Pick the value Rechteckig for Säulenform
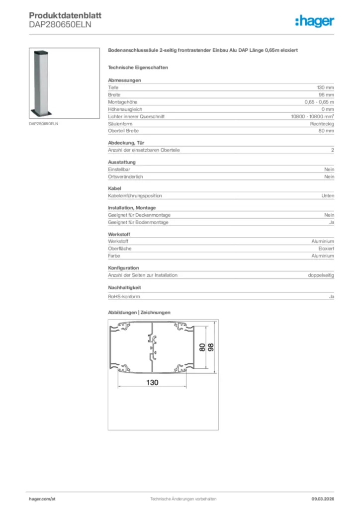(x=322, y=123)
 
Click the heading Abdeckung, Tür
(x=126, y=143)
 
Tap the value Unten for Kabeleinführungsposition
(x=328, y=196)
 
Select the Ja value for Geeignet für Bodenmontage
(x=331, y=222)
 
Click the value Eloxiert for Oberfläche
(x=326, y=249)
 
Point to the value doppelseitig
(x=321, y=275)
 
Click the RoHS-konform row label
(x=124, y=297)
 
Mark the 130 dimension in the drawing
(x=152, y=382)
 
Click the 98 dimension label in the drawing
(x=211, y=347)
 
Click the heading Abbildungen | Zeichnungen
(x=139, y=313)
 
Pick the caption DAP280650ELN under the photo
(x=43, y=123)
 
